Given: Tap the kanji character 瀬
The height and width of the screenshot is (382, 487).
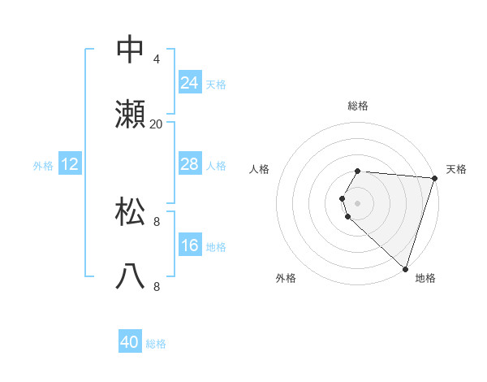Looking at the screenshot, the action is tap(131, 114).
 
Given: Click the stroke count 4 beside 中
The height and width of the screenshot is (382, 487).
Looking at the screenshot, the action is tap(157, 59).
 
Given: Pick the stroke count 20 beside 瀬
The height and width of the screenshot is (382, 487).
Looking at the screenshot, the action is tap(157, 124).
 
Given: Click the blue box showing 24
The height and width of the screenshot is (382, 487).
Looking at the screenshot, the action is tap(189, 83).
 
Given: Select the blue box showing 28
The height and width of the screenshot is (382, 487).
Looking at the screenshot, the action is tap(189, 164).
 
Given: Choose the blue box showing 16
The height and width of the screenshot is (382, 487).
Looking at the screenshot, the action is tap(189, 245).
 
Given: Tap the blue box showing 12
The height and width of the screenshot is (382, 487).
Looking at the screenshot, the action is tap(70, 164).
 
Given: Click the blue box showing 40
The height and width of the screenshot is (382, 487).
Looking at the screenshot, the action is tap(130, 342).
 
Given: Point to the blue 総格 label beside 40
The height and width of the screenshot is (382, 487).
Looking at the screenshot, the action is tap(156, 344).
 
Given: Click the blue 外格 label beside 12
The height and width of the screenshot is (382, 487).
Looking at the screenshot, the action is tap(43, 166).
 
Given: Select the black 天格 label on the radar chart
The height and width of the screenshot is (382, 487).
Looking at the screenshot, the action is tap(456, 169).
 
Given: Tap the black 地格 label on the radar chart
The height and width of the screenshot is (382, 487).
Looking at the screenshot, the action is tap(425, 278).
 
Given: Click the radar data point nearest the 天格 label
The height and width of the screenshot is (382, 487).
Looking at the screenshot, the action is tap(434, 178).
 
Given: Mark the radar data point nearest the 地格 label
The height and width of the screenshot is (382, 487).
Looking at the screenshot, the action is tap(405, 268).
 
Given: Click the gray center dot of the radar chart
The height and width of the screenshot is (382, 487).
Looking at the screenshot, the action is tap(358, 202).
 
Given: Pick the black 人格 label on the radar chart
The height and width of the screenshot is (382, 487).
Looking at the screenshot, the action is tap(259, 169).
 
